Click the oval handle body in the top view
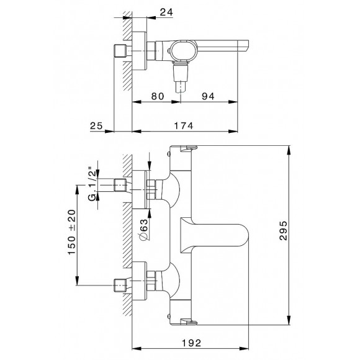[185, 52]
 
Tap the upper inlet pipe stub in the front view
[120, 186]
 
